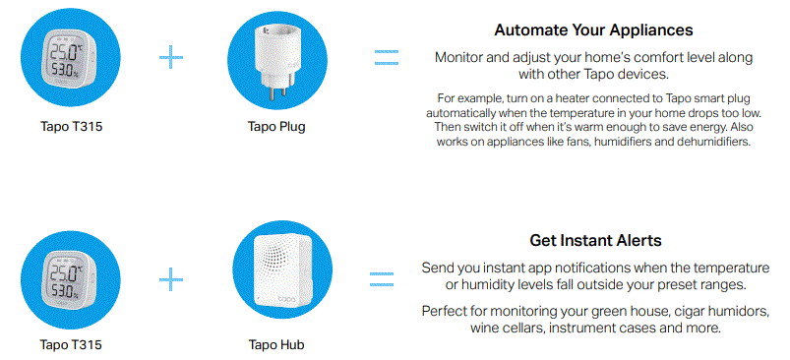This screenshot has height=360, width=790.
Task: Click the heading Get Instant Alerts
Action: (594, 241)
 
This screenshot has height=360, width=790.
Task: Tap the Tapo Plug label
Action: (277, 126)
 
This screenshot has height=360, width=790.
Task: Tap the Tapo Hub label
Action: (277, 344)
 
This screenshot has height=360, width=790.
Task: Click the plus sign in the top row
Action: (172, 57)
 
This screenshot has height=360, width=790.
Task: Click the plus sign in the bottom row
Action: (172, 280)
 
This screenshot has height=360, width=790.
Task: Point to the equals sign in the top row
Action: (387, 57)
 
